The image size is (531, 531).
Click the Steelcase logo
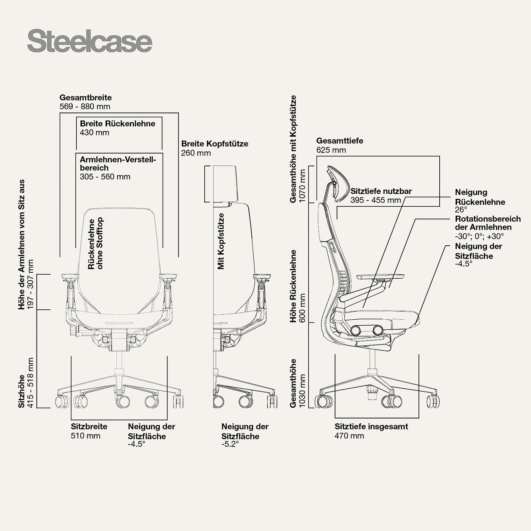coord(90,42)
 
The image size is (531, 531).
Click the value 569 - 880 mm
coord(85,107)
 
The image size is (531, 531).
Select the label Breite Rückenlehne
coord(118,124)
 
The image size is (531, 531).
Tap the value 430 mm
coord(95,133)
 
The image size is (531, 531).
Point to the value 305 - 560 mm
coord(105,177)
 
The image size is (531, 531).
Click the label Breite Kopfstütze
coord(215,144)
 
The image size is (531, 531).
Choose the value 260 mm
coord(196,153)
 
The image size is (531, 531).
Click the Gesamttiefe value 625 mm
coord(331,150)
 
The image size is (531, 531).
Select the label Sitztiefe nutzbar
coord(381,191)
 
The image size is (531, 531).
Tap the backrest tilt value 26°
coord(461,210)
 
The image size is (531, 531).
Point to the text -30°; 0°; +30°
coord(479,236)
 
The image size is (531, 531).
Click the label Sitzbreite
coord(89,427)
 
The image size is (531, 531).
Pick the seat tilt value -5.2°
coord(230,444)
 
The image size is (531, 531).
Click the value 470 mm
coord(349,436)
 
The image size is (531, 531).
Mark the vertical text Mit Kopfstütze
coord(221,241)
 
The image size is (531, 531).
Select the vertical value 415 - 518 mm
coord(30,383)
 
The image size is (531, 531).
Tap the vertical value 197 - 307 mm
coord(30,284)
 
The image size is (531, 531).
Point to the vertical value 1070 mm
coord(302,185)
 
